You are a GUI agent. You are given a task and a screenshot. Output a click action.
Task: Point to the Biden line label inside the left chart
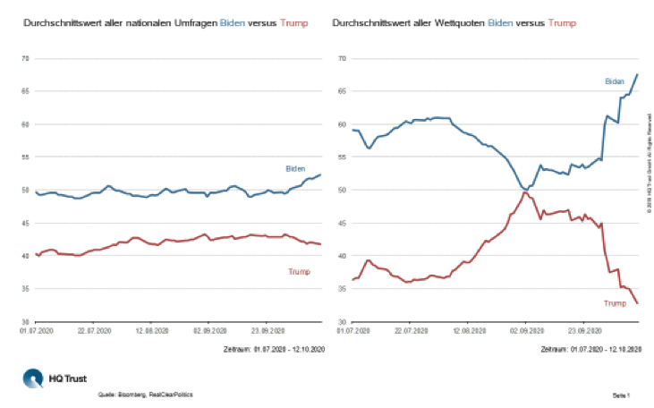pyautogui.click(x=295, y=168)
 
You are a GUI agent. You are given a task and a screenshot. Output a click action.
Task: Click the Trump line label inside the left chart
pyautogui.click(x=300, y=271)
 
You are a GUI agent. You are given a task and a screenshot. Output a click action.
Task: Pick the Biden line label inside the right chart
pyautogui.click(x=615, y=81)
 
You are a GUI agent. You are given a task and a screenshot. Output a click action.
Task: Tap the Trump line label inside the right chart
pyautogui.click(x=616, y=304)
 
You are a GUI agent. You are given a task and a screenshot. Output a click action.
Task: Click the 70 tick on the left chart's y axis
pyautogui.click(x=26, y=58)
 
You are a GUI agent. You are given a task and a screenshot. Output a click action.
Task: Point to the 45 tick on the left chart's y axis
pyautogui.click(x=26, y=223)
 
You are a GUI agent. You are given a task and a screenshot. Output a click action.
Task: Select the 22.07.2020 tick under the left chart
pyautogui.click(x=94, y=329)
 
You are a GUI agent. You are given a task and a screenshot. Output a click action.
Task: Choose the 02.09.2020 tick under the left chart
pyautogui.click(x=208, y=329)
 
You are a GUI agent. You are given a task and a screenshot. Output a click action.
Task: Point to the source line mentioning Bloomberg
pyautogui.click(x=145, y=394)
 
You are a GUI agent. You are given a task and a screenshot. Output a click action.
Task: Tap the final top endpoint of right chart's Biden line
pyautogui.click(x=636, y=74)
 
